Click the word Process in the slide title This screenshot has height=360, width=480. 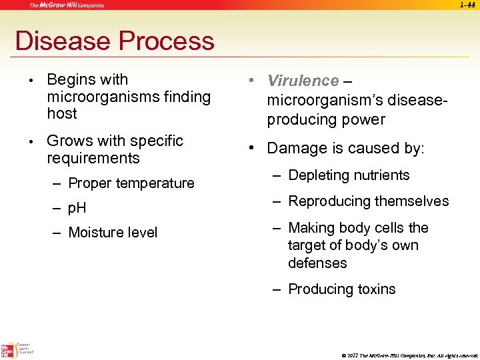click(x=165, y=41)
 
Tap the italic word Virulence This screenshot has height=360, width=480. click(x=303, y=81)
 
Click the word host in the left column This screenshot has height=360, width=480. click(x=62, y=114)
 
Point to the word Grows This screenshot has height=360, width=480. click(x=67, y=141)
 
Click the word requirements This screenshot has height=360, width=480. click(x=93, y=159)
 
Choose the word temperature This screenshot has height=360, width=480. click(x=155, y=183)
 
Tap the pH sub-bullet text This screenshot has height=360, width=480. click(x=77, y=208)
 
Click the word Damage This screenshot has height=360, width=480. click(x=297, y=149)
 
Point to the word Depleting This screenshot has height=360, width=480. click(x=319, y=176)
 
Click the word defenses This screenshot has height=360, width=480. click(x=317, y=263)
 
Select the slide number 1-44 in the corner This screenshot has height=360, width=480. click(x=468, y=5)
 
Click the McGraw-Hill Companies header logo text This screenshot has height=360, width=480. click(x=66, y=5)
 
